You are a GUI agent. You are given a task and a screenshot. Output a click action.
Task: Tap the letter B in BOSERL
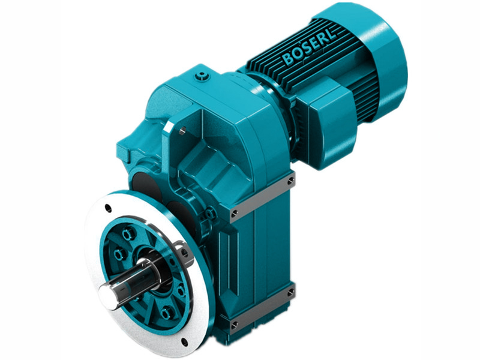[x=288, y=59]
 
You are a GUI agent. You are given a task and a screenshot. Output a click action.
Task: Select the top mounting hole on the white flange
[x=109, y=208]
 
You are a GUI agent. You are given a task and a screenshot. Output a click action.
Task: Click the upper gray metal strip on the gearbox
[x=261, y=196]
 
